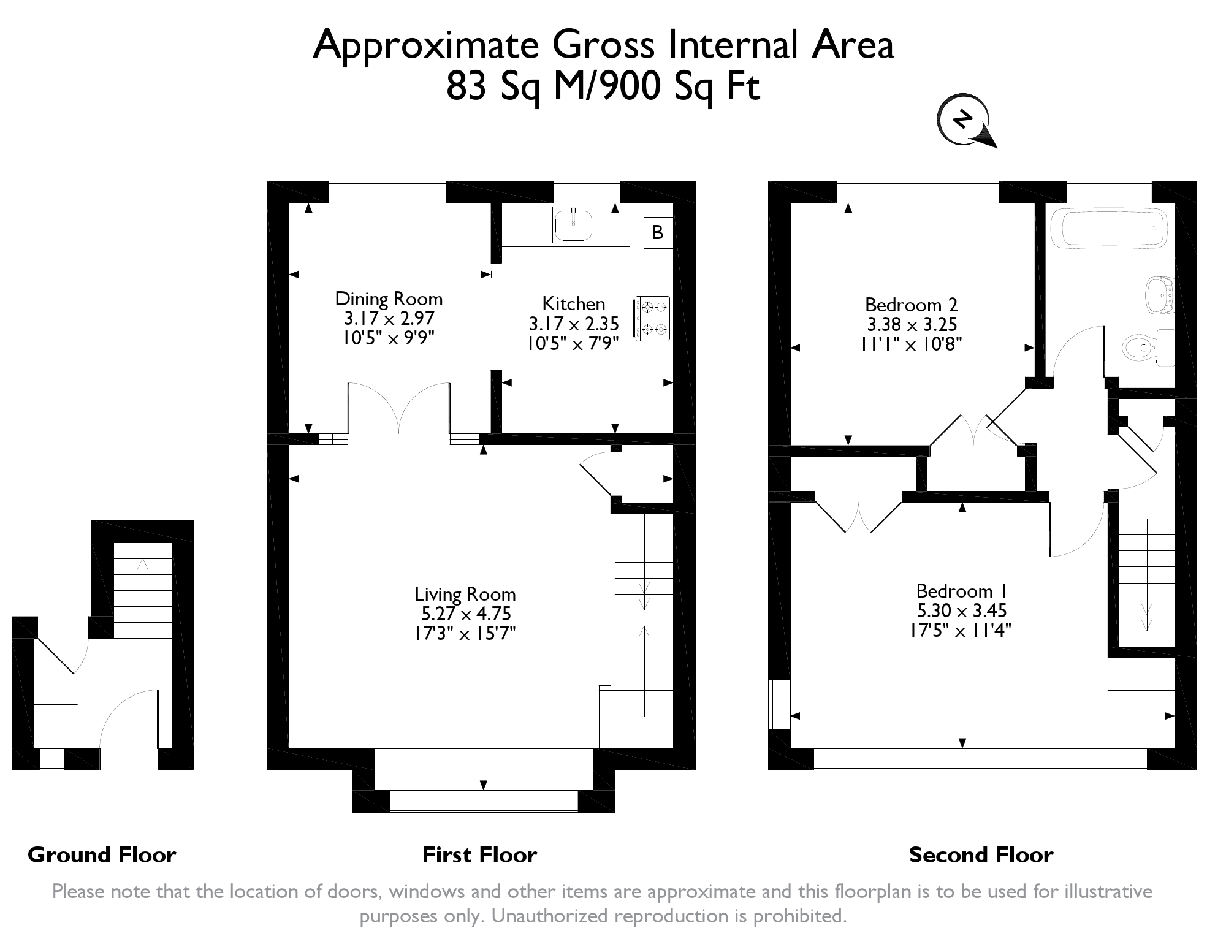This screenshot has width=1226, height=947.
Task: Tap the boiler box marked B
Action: pos(658,232)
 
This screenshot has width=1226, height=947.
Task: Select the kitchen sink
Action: pos(573,224)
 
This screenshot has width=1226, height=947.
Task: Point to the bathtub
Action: pos(1109,229)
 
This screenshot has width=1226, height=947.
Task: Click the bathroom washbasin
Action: pos(1159,297)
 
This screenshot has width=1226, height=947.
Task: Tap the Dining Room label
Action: pos(389,299)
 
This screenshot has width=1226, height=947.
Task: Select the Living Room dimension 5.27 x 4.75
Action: pos(466,614)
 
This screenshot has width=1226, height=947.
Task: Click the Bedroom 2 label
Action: pos(911,305)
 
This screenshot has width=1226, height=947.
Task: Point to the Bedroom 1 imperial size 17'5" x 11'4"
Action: pos(961,629)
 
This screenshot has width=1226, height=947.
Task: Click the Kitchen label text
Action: pos(574,303)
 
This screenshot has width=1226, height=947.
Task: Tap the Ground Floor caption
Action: pos(102,854)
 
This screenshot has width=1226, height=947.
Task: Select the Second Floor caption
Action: pos(981,854)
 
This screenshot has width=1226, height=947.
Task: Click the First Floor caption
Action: pos(479,854)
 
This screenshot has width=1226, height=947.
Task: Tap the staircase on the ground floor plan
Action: pos(143,590)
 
